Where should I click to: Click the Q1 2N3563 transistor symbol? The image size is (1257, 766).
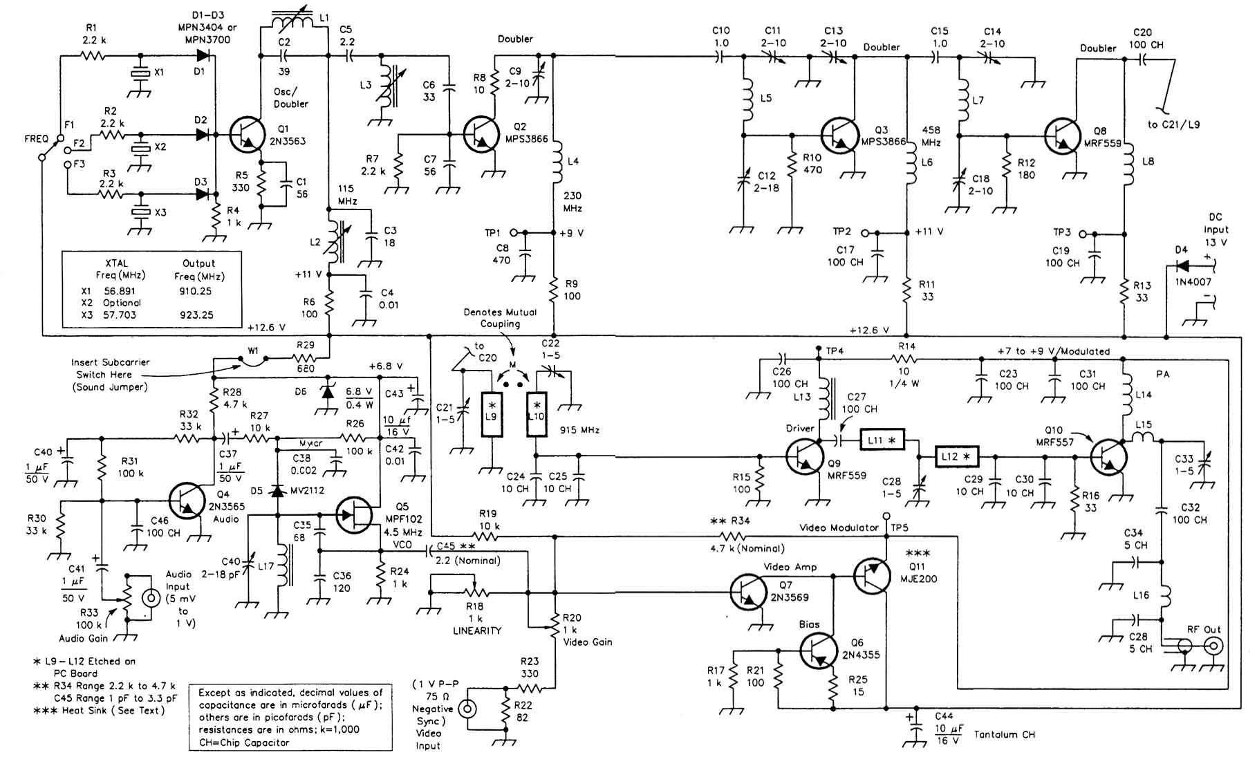click(x=248, y=134)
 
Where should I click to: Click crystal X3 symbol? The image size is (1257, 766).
click(x=142, y=212)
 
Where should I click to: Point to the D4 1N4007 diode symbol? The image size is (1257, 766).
click(x=1183, y=265)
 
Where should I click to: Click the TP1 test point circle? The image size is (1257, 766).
click(x=514, y=232)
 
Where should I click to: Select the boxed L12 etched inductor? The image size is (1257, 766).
click(x=956, y=456)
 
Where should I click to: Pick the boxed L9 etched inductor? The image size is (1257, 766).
click(x=492, y=415)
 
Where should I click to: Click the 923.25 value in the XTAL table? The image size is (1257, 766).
click(x=196, y=315)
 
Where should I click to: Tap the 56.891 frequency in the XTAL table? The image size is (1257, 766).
click(x=120, y=291)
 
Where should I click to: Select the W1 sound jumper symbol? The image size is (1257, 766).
click(x=253, y=358)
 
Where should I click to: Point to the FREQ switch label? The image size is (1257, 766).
click(x=36, y=139)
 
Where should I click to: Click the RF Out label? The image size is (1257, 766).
click(x=1204, y=629)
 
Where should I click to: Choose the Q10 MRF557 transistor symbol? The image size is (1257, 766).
click(x=1108, y=457)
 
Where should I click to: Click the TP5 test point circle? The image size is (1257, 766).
click(x=886, y=516)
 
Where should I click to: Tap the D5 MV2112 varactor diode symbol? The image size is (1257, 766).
click(x=277, y=491)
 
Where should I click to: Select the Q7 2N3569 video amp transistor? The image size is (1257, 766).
click(x=748, y=592)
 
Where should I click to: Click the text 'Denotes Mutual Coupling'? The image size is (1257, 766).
click(x=500, y=318)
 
